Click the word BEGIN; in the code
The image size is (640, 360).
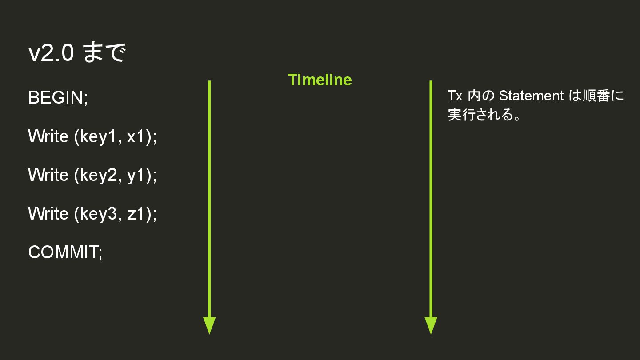coord(58,97)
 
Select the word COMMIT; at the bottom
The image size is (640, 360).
coord(65,252)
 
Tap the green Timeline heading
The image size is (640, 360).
coord(320,80)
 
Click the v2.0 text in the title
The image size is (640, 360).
coord(51,53)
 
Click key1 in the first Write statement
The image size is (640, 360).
coord(98,136)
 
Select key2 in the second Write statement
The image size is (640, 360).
coord(98,175)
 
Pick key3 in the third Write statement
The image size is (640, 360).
coord(98,214)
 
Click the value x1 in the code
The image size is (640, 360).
coord(136,136)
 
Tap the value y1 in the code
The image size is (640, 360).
coord(136,175)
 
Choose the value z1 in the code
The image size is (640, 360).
coord(136,214)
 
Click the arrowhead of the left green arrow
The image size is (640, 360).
coord(209,325)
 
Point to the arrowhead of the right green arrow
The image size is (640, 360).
coord(431,325)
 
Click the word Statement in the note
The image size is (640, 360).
coord(531,96)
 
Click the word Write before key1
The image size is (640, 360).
coord(48,136)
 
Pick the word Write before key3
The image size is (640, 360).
coord(48,214)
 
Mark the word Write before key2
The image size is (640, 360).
coord(48,175)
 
